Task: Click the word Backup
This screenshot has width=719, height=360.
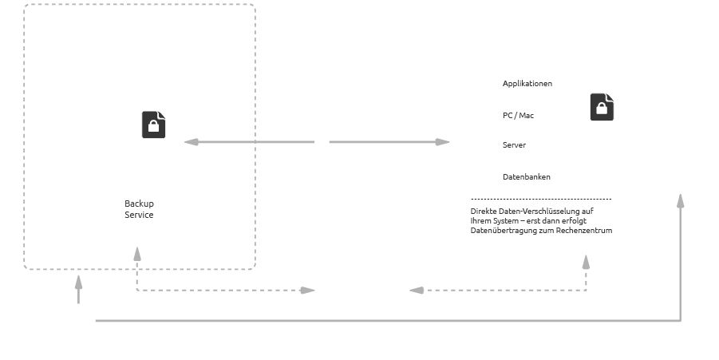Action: point(139,204)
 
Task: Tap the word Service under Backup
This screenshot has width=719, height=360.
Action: point(139,215)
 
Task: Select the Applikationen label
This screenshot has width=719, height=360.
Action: point(527,84)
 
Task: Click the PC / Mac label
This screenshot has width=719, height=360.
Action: point(518,116)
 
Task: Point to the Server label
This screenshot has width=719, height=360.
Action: point(514,145)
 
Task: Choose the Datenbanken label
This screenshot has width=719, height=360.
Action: point(526,177)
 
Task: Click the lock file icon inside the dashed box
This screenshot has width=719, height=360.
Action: point(154,125)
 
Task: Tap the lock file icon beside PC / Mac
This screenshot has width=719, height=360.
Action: point(602,107)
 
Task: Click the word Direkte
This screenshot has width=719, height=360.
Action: point(484,212)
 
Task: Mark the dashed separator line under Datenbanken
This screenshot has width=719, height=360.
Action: point(541,199)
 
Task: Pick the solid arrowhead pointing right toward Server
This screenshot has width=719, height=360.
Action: point(443,142)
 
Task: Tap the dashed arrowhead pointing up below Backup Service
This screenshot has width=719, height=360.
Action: point(137,254)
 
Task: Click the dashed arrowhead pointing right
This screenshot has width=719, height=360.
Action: point(307,291)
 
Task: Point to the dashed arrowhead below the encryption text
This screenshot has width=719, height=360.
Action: point(586,262)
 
